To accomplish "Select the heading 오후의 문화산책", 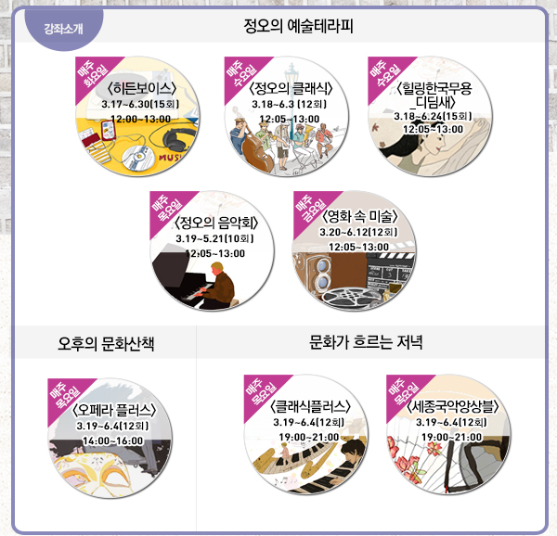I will pos(105,343).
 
